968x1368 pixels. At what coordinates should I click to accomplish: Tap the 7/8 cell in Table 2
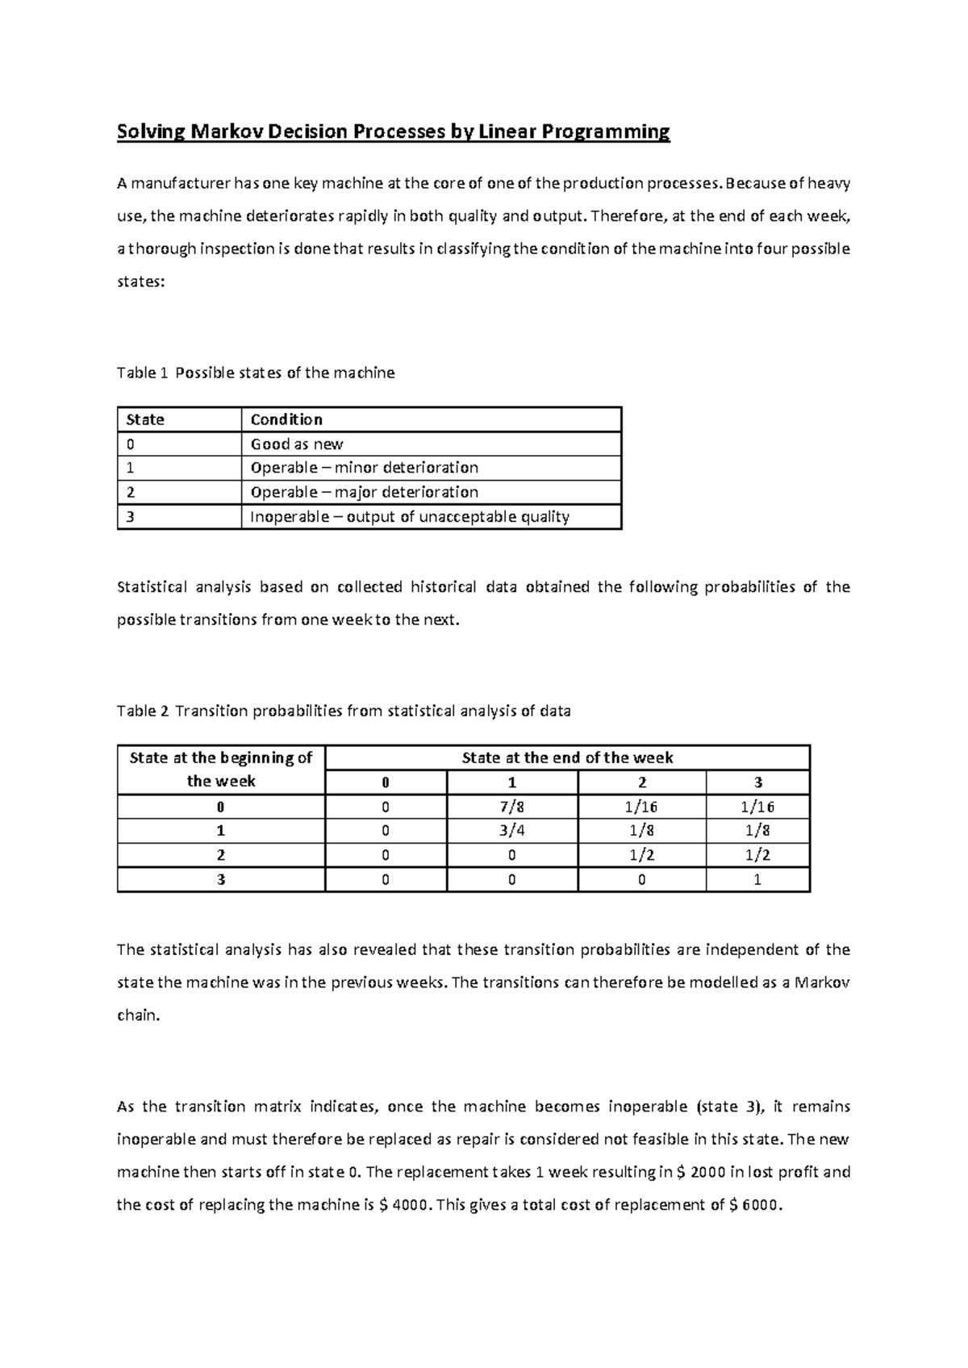click(x=512, y=807)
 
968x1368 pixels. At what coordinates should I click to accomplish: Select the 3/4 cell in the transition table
click(x=512, y=831)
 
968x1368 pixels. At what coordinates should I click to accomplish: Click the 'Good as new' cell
click(x=297, y=444)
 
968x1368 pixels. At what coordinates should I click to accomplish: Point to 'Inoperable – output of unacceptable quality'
click(x=410, y=516)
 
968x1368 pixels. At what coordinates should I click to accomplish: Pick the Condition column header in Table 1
click(x=286, y=419)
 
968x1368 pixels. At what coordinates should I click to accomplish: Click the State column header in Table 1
click(x=145, y=419)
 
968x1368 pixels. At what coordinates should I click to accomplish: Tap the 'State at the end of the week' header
click(x=567, y=757)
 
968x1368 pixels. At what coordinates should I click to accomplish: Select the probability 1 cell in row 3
click(x=757, y=880)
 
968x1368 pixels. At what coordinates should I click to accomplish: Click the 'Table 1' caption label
click(x=142, y=373)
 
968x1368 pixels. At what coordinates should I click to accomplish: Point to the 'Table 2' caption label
click(x=142, y=711)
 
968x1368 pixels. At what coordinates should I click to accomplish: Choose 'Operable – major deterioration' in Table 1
click(x=365, y=492)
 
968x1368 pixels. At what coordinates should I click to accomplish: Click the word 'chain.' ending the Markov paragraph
click(x=139, y=1016)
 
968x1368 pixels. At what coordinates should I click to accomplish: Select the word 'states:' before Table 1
click(x=140, y=282)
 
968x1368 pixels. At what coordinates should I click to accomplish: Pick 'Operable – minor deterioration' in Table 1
click(x=365, y=468)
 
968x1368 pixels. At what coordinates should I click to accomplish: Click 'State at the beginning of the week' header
click(x=221, y=769)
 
